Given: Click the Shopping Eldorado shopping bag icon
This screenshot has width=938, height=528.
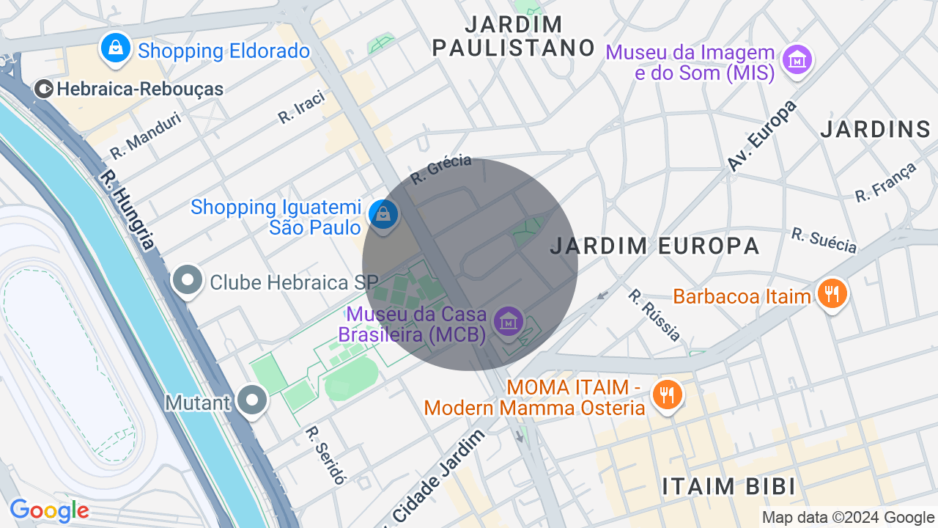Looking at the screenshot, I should pos(115,49).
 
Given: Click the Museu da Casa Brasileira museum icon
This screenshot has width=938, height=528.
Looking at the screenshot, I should pos(507,322).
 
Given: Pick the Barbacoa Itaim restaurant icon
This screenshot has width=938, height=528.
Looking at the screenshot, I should pos(832,295).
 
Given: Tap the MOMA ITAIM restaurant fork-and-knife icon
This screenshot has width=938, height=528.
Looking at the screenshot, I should pos(667,395).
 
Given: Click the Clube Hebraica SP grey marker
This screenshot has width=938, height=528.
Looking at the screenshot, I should pos(188,281).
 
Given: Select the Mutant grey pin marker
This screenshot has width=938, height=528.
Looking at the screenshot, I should pos(254,401).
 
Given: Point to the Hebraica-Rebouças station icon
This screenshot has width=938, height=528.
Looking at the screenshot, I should pos(44,89).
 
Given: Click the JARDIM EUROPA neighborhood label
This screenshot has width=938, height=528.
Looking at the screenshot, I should pos(654,246).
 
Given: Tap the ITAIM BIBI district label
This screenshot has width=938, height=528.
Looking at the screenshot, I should pos(728,486).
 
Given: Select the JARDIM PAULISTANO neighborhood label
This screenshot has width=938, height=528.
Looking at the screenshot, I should pos(514,36).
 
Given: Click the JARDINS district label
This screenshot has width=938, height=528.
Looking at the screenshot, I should pos(875,130).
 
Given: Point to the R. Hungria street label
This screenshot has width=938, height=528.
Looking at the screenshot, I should pos(128,210).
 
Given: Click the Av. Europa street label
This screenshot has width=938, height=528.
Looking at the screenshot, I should pos(761,136).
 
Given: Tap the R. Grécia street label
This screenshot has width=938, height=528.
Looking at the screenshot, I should pos(440,169).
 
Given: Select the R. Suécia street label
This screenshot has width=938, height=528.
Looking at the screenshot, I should pos(824,240).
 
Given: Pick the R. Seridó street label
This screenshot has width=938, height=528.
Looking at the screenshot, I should pos(325,455).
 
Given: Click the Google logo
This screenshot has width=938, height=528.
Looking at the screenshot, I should pos(49,510).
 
